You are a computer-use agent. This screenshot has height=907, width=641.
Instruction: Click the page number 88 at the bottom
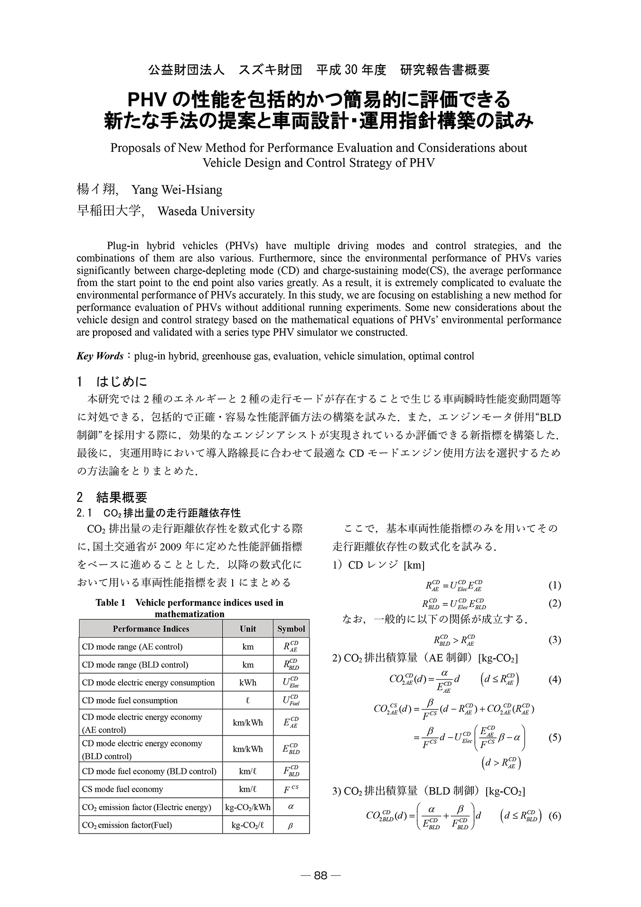coord(320,876)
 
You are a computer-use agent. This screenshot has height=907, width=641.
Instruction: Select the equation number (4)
coord(555,679)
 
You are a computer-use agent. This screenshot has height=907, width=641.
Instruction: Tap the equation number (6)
coord(555,816)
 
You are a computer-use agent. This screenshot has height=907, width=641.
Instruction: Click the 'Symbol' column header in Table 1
coord(291,629)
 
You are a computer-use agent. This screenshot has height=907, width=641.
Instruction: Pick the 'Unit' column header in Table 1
coord(248,629)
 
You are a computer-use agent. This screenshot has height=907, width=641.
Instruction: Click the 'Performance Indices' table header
coord(151,629)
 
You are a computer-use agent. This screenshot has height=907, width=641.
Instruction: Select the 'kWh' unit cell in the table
coord(248,682)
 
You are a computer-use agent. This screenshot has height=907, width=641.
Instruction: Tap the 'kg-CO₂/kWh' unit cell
coord(248,807)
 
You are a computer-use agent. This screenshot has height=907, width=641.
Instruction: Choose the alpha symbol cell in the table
coord(291,807)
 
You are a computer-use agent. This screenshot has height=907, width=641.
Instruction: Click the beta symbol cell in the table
coord(291,825)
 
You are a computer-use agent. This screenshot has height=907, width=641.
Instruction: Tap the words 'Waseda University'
coord(206,211)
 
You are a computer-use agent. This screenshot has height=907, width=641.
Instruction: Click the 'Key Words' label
coord(100,356)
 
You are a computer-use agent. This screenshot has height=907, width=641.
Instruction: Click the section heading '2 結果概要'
coord(112,497)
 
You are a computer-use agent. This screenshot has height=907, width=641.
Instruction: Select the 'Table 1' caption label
coord(110,603)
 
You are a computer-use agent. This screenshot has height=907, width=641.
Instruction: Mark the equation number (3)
coord(555,640)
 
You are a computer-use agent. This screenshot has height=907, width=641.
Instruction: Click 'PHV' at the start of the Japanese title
coord(147,100)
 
